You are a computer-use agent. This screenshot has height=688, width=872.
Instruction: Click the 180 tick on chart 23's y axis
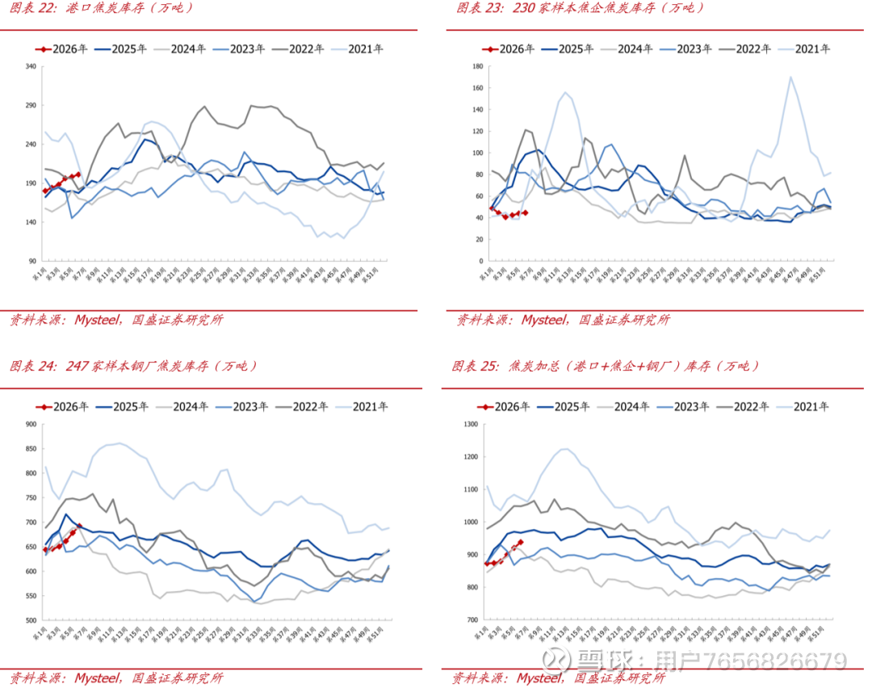pyautogui.click(x=476, y=66)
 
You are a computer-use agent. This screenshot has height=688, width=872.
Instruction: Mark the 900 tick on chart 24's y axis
pyautogui.click(x=31, y=424)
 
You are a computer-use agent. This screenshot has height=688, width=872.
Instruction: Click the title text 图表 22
pyautogui.click(x=32, y=8)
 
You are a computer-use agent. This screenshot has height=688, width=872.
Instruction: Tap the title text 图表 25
pyautogui.click(x=476, y=366)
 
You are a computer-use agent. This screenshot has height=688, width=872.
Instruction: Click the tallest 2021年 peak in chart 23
pyautogui.click(x=790, y=78)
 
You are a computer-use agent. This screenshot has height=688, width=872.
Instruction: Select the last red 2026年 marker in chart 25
pyautogui.click(x=521, y=542)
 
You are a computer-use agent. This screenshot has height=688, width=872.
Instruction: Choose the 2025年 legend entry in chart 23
pyautogui.click(x=576, y=48)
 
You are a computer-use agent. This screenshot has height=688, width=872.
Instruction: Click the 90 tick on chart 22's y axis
pyautogui.click(x=34, y=262)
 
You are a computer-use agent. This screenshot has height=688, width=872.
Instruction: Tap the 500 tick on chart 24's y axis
pyautogui.click(x=31, y=620)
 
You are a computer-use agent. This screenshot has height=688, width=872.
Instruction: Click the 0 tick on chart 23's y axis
pyautogui.click(x=480, y=262)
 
